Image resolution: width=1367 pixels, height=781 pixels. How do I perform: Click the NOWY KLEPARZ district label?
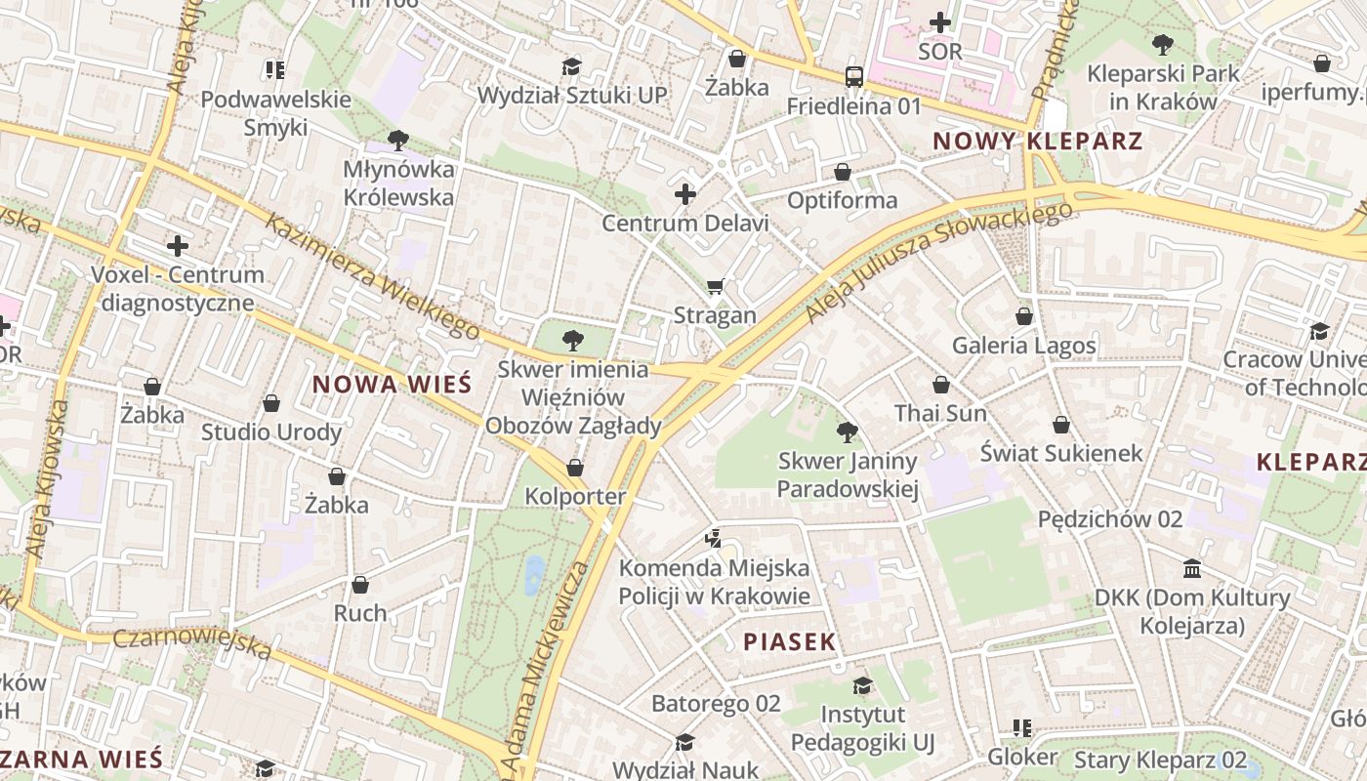[x=1037, y=141]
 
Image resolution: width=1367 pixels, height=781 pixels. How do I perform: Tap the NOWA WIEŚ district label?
[x=392, y=385]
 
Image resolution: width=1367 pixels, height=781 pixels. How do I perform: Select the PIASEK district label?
[x=790, y=641]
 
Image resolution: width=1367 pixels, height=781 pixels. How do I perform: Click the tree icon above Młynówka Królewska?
[x=397, y=141]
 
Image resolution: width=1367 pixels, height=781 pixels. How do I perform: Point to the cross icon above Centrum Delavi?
[x=685, y=194]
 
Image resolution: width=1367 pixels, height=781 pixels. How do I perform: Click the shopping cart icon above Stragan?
[x=716, y=286]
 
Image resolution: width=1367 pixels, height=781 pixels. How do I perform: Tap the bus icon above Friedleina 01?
[x=853, y=76]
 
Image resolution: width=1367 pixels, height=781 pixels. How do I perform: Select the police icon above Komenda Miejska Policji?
[x=714, y=538]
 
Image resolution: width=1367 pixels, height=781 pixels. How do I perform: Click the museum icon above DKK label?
[x=1191, y=568]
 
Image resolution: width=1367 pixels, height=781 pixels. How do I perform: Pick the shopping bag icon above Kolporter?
[x=575, y=468]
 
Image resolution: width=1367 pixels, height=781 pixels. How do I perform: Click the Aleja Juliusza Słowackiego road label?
[x=938, y=261]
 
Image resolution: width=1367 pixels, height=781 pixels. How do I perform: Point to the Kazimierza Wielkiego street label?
[x=372, y=277]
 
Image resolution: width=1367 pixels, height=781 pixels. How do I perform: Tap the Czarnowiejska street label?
[x=191, y=642]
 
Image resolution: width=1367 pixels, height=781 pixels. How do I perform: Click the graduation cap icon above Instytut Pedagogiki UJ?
[x=862, y=685]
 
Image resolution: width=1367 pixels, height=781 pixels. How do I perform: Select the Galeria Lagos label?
[x=1024, y=345]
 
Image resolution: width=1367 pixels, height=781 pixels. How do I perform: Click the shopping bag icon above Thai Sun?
[x=940, y=386]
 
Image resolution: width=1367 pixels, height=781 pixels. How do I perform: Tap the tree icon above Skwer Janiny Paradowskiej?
[x=848, y=432]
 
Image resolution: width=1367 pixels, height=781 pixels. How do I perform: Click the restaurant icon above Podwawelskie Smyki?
[x=274, y=69]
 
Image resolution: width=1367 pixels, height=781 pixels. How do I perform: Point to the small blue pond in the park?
[x=534, y=575]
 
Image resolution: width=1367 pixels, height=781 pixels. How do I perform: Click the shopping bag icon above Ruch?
[x=360, y=585]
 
